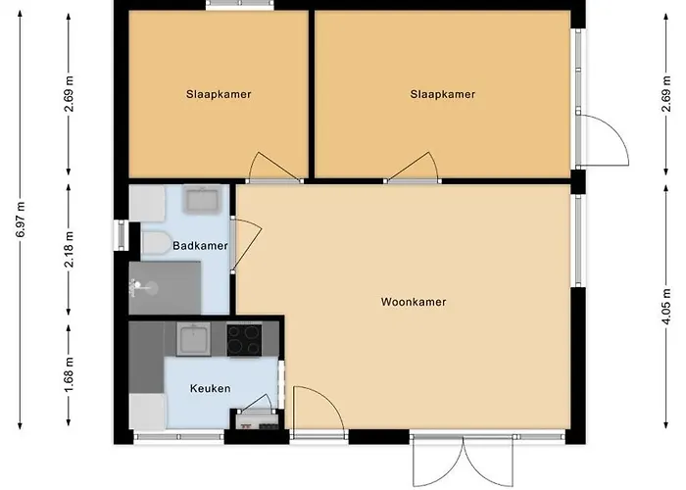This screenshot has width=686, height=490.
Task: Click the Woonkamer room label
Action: pos(414,302)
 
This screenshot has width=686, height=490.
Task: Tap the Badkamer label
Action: pos(200,246)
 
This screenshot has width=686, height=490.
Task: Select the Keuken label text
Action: pos(210,388)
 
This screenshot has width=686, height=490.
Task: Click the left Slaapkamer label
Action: pos(219,94)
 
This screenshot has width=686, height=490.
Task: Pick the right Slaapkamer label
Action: pos(443,94)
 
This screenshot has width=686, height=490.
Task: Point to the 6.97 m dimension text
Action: pos(21,220)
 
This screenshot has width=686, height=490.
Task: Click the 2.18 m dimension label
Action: pos(70,249)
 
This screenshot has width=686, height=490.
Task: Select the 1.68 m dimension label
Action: pos(70,375)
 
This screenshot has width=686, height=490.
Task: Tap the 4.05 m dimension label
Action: pos(666,306)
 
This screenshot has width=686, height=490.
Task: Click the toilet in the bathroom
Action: pos(155,243)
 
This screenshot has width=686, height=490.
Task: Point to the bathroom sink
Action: pos(202,199)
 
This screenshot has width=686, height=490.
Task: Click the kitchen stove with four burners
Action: pos(244,339)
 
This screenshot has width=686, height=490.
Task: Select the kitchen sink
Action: pos(194,339)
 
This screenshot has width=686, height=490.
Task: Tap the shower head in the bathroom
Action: pos(138,285)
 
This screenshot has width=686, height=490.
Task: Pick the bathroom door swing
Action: pos(246,245)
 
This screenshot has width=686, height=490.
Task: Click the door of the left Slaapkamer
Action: pos(274,169)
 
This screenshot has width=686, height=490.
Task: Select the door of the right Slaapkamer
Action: pos(413,168)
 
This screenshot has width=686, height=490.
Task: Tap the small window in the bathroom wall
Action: pos(121,235)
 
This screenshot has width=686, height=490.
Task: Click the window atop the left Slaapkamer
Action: pos(240,5)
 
